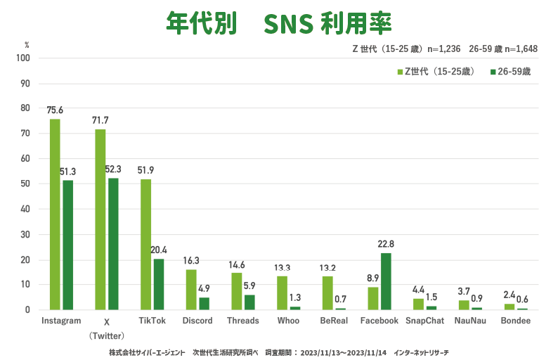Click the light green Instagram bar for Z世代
(x=55, y=214)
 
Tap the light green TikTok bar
(x=145, y=245)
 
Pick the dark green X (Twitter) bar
(x=113, y=244)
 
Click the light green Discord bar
(x=191, y=290)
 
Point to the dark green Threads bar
(x=249, y=302)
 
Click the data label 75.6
(x=55, y=110)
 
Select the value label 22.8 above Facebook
(x=386, y=244)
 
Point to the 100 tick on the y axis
(x=24, y=58)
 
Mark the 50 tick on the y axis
(x=26, y=184)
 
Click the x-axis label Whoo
(x=288, y=321)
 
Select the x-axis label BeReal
(x=334, y=321)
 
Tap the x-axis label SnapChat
(x=424, y=321)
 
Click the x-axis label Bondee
(x=515, y=321)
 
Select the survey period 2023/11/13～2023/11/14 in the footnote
(x=340, y=350)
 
